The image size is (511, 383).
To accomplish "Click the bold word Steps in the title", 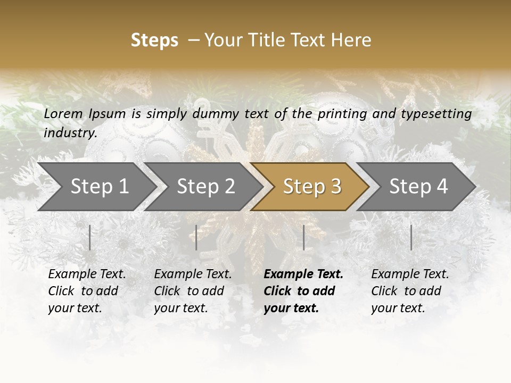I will coord(154,40).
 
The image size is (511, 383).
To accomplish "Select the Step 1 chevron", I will coord(99,187).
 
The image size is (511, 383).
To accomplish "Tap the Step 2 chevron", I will coord(205,187).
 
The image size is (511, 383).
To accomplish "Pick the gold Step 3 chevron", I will coord(311,187).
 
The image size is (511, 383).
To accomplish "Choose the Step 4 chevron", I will coord(418,187).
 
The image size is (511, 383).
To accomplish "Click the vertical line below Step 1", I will coord(90,237).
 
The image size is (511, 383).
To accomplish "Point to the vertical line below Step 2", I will coord(196,237).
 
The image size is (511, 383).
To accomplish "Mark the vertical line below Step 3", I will coord(303,237).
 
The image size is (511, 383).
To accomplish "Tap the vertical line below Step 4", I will coord(411,237).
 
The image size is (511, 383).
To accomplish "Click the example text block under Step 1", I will coord(87,291).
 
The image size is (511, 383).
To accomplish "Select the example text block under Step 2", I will coord(193,291).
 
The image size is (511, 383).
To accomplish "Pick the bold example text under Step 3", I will coord(303,291).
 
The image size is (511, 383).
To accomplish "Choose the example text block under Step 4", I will coord(410,291).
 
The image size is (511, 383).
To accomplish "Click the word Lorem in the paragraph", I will coord(63,113).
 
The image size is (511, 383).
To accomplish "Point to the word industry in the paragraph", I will coord(70,132).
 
